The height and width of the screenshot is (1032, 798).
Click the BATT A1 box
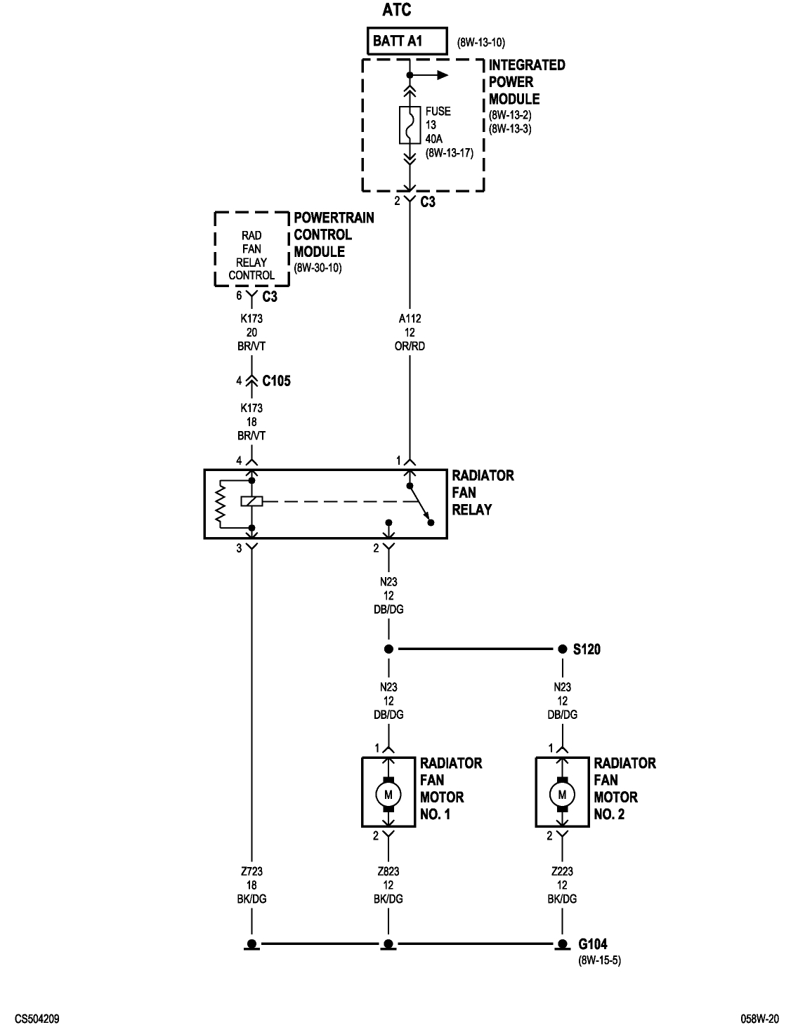[x=407, y=41]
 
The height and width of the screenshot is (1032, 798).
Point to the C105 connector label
[x=276, y=381]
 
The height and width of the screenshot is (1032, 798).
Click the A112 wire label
[x=410, y=319]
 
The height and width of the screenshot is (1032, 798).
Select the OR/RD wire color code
[x=410, y=346]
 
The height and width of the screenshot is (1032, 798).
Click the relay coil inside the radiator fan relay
[x=251, y=501]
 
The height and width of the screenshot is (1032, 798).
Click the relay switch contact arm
[x=419, y=503]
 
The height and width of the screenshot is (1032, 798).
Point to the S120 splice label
[x=587, y=650]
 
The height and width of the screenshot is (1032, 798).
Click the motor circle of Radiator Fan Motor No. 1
[x=388, y=794]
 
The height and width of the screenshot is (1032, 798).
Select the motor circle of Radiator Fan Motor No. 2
[x=562, y=794]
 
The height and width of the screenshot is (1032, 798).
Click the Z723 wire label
[x=251, y=871]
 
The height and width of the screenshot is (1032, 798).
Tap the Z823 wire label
[x=388, y=871]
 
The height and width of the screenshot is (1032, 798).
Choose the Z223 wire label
[x=562, y=871]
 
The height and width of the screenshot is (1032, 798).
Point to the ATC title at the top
[x=397, y=10]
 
